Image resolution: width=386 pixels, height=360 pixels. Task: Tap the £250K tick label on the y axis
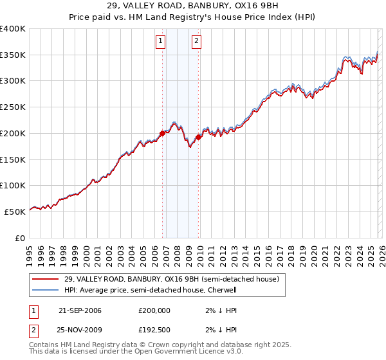click(x=13, y=107)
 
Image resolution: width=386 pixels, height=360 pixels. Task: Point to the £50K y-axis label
click(x=15, y=212)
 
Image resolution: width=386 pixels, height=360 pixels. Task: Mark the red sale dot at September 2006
click(x=162, y=133)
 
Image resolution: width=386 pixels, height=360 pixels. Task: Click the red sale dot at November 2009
click(x=199, y=137)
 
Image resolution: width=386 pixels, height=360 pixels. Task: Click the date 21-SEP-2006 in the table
click(x=80, y=310)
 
